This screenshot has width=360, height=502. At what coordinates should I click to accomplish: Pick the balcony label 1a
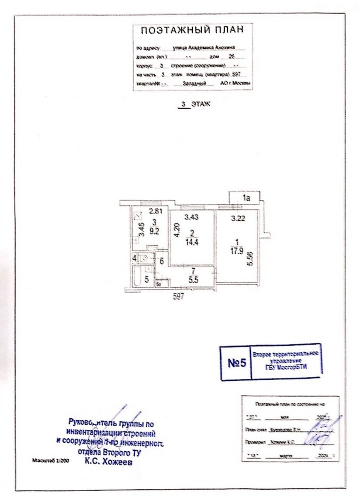coord(246,198)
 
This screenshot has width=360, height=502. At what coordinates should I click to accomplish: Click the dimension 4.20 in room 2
coord(177,230)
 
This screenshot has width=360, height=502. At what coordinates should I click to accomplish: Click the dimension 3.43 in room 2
coord(191,217)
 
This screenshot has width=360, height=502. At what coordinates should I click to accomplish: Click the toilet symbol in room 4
coord(143,258)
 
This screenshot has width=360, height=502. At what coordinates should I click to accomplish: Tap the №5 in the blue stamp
coord(237,363)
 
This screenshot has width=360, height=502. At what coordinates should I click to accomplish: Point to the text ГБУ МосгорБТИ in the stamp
coord(287,367)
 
